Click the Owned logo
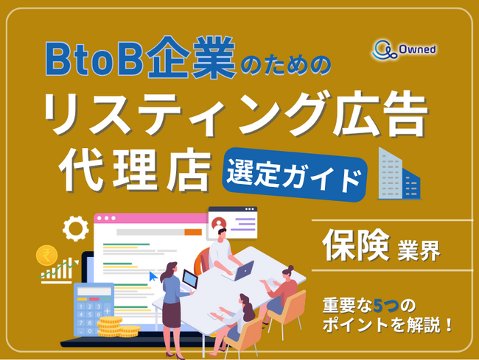pos(405,49)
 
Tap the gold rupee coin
pos(47,255)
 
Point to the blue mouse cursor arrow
pos(153,275)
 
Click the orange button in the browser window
pos(193,232)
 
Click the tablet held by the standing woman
pos(189,280)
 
